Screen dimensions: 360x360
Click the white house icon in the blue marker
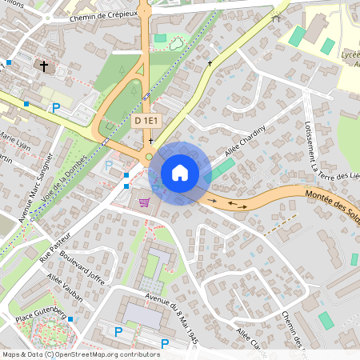180,173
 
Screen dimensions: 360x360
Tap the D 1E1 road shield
148,120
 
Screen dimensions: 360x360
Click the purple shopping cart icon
145,202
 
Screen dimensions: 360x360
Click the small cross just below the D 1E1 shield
150,140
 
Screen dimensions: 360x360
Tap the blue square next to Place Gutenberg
71,320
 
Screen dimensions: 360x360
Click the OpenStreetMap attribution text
80,354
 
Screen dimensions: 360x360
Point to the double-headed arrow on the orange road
238,204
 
